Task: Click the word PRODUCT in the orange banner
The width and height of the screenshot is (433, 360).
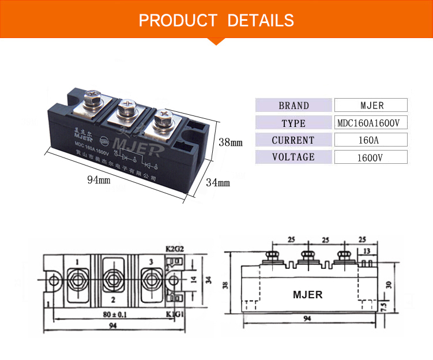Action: (178, 21)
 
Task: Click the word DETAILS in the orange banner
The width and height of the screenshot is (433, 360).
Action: (261, 21)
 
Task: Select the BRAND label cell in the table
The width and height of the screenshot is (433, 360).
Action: (293, 106)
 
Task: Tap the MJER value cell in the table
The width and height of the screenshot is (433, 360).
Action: (371, 106)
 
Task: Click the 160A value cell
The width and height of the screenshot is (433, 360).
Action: (371, 140)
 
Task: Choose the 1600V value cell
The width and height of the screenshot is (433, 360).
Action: (371, 157)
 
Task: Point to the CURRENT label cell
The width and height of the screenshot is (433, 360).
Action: (293, 140)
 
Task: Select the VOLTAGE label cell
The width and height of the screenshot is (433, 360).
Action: (293, 157)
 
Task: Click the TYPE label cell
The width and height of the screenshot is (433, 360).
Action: (293, 123)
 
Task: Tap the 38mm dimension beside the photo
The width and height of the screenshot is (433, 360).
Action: (231, 141)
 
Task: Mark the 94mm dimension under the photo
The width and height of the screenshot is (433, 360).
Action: (99, 180)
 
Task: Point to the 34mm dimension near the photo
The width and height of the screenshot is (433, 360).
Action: (218, 183)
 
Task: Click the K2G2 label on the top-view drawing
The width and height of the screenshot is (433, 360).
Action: (174, 249)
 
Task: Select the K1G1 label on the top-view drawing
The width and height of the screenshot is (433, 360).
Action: (174, 314)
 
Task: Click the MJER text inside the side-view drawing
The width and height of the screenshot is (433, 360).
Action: (308, 294)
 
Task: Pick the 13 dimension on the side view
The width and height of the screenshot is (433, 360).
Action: (367, 252)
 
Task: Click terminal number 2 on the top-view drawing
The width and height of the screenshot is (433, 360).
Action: (113, 299)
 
